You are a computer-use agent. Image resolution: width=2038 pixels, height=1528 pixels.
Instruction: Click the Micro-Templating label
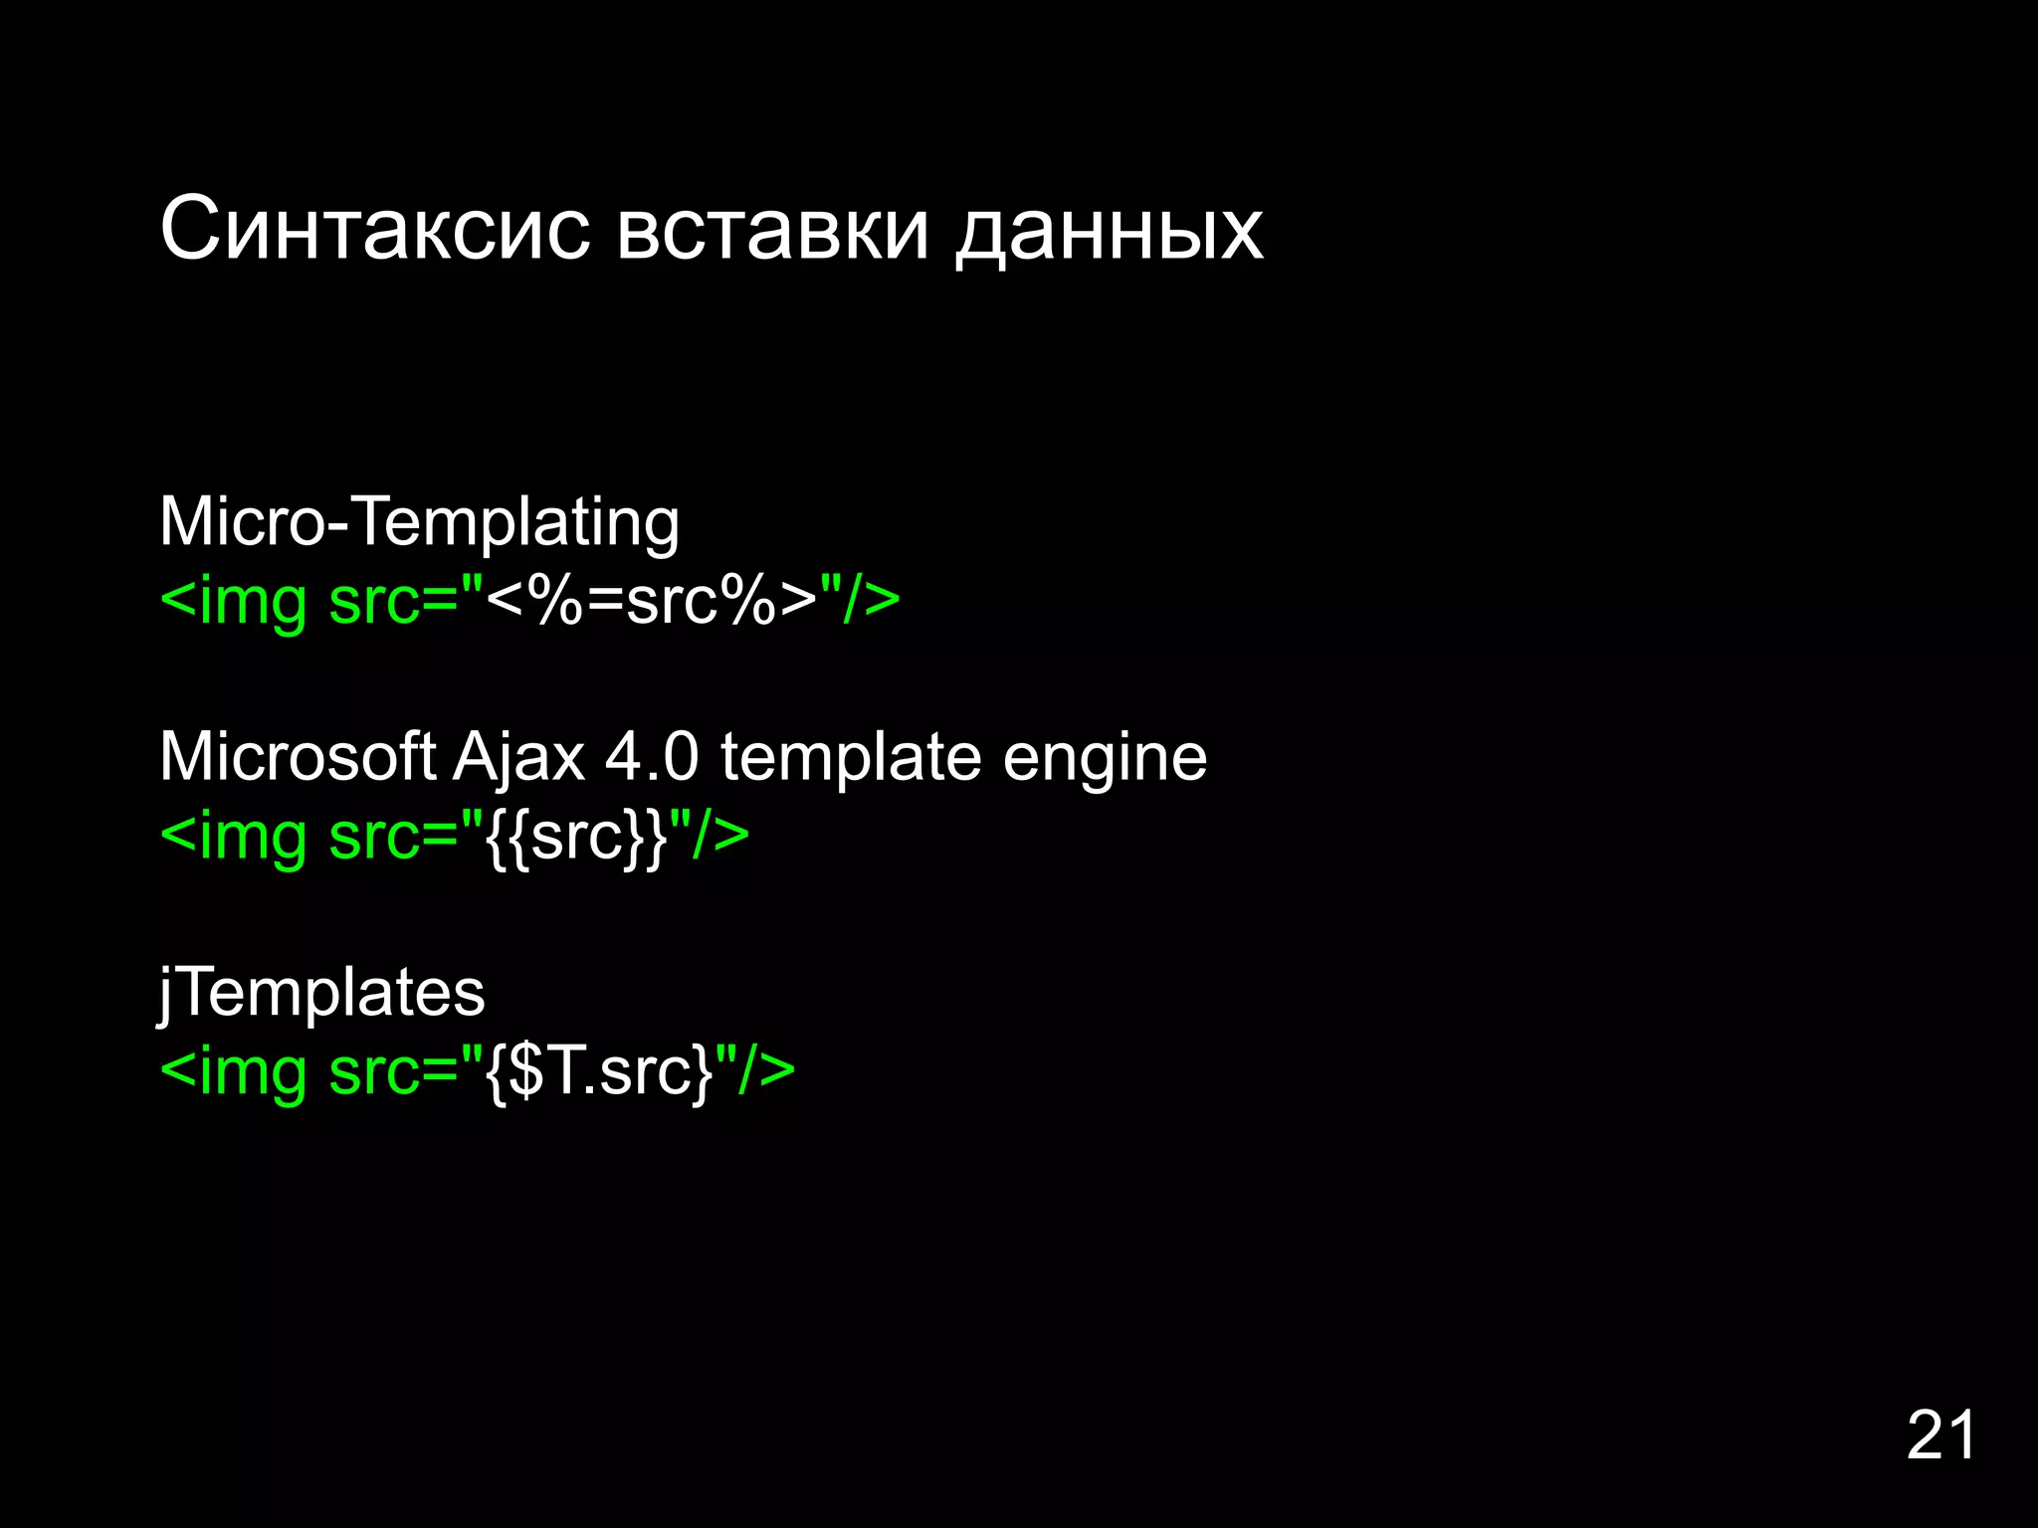(419, 522)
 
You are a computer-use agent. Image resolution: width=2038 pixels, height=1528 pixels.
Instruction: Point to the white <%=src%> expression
(652, 601)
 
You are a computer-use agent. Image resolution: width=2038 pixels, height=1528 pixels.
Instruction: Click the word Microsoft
(298, 757)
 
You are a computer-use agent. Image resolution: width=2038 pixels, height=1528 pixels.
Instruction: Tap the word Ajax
(518, 759)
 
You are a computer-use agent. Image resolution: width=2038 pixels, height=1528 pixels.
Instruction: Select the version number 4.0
(652, 757)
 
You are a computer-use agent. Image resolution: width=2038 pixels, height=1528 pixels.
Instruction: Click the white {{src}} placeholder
(576, 837)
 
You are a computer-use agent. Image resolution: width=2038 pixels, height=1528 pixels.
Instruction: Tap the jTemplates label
(321, 993)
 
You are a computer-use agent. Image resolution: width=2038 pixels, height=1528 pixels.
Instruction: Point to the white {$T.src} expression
(599, 1072)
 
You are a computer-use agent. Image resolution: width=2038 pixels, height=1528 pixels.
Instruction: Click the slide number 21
(1940, 1435)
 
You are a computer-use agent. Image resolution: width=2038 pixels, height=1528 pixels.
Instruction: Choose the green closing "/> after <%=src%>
(860, 601)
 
